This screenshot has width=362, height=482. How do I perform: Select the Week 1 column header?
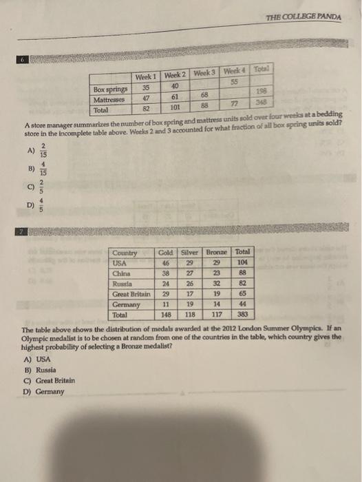[x=145, y=77]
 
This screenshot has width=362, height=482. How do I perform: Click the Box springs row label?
[x=110, y=90]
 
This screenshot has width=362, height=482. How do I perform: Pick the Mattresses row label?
[x=110, y=99]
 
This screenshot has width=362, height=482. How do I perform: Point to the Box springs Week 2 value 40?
[x=175, y=86]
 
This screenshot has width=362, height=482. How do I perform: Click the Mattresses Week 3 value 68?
[x=204, y=95]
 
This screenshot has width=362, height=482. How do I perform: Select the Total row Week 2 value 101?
[x=175, y=107]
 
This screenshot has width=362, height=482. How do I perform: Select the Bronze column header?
[x=219, y=253]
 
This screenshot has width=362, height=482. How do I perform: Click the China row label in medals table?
[x=121, y=273]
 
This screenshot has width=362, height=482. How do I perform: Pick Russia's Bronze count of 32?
[x=219, y=282]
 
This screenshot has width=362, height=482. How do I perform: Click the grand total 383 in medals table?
[x=242, y=313]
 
